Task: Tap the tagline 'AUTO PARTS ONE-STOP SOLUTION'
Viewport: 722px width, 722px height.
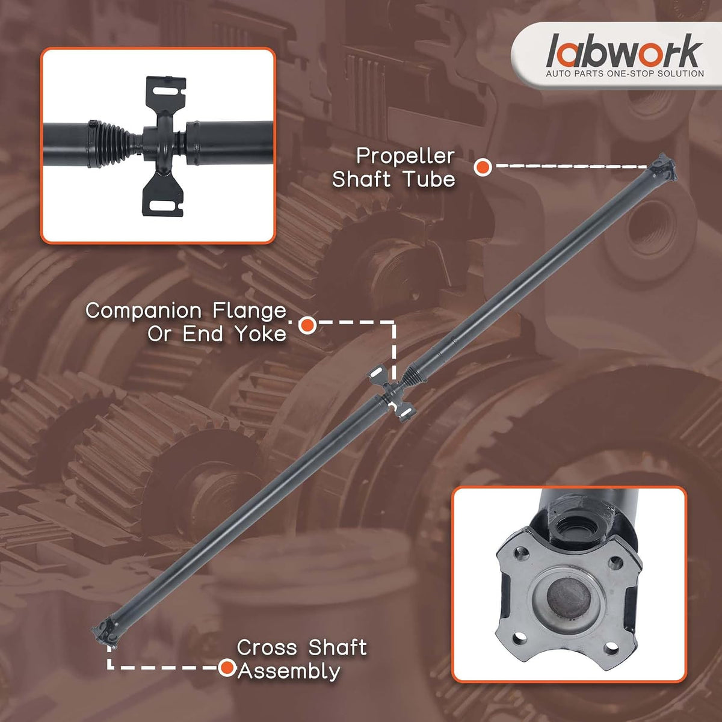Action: point(625,74)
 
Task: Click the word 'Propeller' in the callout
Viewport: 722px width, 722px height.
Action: point(406,156)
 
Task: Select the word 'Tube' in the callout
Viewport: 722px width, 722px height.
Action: point(430,179)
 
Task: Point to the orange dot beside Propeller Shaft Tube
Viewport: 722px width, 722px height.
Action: point(483,167)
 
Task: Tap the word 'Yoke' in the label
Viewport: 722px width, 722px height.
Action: point(261,333)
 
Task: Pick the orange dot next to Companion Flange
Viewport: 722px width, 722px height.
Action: point(307,325)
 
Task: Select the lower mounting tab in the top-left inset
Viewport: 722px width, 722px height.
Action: point(162,196)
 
